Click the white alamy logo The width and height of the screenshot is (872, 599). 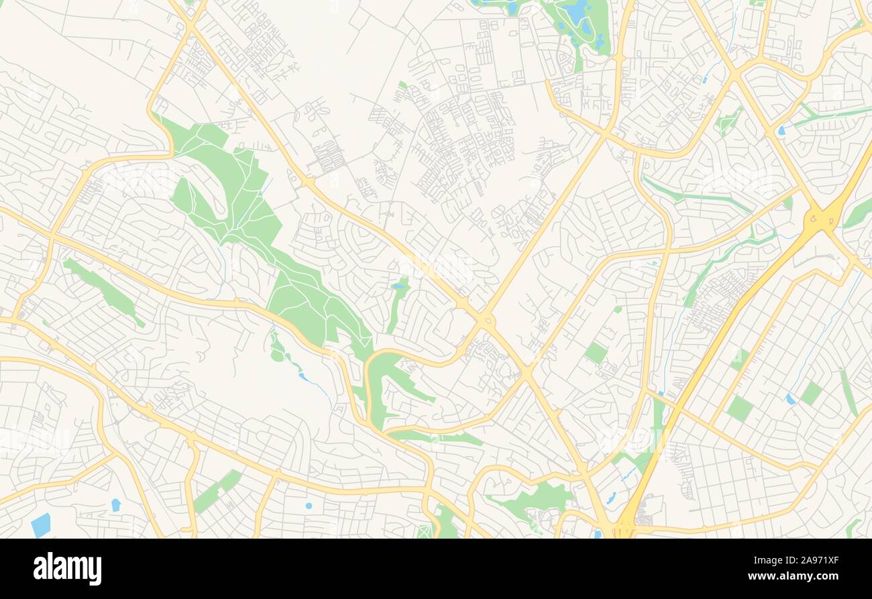tap(67, 569)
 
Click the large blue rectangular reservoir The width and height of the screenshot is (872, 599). tap(40, 525)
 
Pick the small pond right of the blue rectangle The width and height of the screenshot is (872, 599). tap(115, 504)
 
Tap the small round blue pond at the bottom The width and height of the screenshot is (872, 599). tap(309, 506)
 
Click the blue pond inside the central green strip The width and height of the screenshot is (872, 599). tap(400, 286)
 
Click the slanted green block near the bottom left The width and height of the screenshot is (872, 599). tap(217, 489)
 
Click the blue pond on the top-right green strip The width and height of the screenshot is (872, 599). tap(781, 130)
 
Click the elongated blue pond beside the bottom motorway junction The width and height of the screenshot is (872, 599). tap(610, 498)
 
